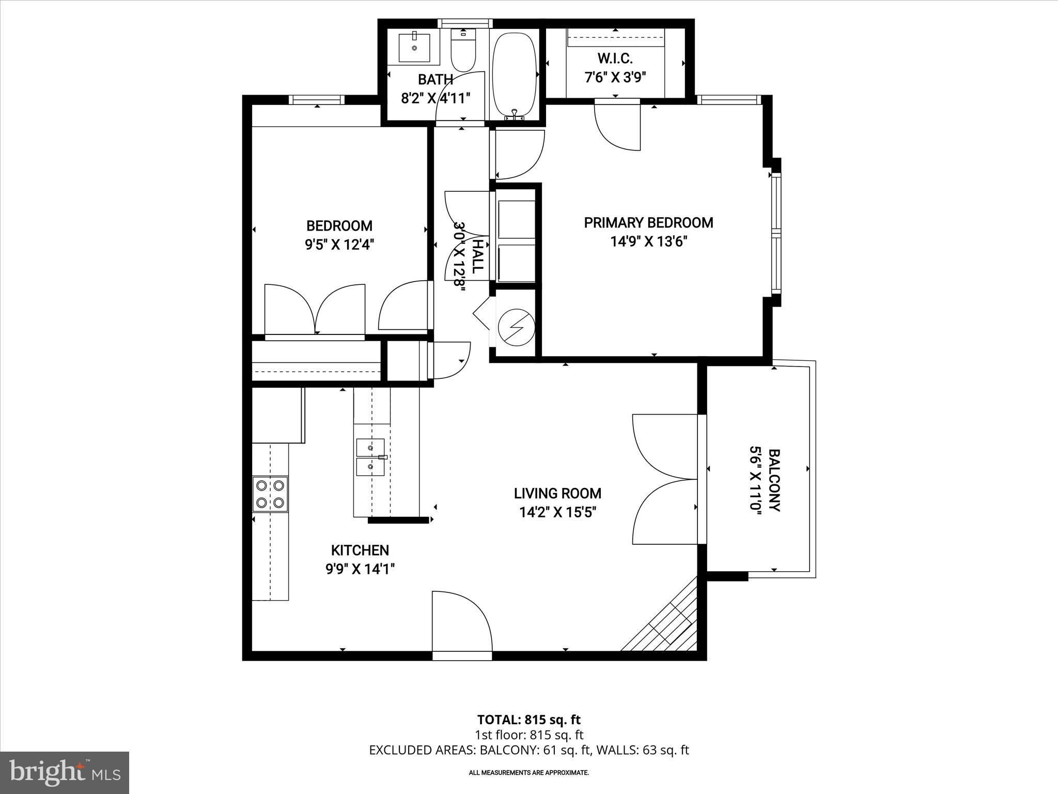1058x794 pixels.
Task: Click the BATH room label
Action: (x=435, y=80)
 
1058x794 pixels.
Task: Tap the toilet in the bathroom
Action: (x=463, y=52)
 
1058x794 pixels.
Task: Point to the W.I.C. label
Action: (x=615, y=58)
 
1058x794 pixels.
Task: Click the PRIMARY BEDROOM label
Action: (x=648, y=223)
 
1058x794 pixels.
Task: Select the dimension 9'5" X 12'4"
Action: (x=339, y=245)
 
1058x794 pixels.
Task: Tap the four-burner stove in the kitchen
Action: (x=270, y=494)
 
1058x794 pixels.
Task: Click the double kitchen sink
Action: (x=370, y=457)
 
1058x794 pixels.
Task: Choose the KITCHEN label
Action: (x=360, y=550)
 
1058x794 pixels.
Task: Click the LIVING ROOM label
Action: (x=557, y=493)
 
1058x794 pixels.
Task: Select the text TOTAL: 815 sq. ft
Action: (x=528, y=720)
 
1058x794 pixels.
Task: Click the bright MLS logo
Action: (x=65, y=772)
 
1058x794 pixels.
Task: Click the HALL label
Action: (x=478, y=256)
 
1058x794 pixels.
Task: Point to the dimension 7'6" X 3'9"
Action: (x=615, y=77)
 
